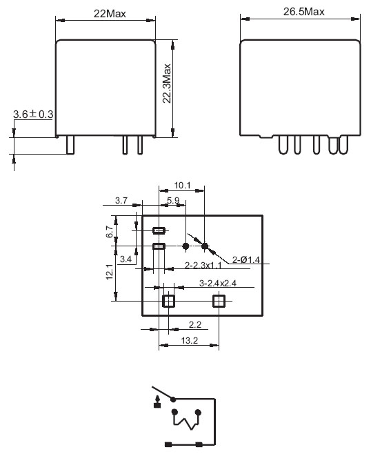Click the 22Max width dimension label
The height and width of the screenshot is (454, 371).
110,14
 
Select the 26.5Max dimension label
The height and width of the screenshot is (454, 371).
304,12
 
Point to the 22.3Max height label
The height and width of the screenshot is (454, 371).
167,83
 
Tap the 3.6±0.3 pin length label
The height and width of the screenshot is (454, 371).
33,115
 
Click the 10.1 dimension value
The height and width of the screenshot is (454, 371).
182,186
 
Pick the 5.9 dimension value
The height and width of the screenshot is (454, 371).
173,200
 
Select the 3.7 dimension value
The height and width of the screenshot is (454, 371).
121,200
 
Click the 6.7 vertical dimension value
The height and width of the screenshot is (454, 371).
110,232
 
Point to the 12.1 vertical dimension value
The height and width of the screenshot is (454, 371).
110,272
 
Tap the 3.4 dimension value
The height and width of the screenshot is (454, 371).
126,259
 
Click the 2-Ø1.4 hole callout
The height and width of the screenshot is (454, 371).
246,259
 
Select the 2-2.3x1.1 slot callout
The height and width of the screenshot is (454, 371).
203,265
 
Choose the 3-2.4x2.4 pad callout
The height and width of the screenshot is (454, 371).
218,283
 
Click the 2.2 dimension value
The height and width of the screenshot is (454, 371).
195,324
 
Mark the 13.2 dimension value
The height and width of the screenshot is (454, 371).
190,341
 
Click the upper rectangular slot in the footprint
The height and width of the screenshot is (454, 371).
159,230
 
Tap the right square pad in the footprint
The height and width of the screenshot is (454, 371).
219,301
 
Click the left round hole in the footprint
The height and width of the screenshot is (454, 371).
186,246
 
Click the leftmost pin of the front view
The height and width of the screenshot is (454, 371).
70,145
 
